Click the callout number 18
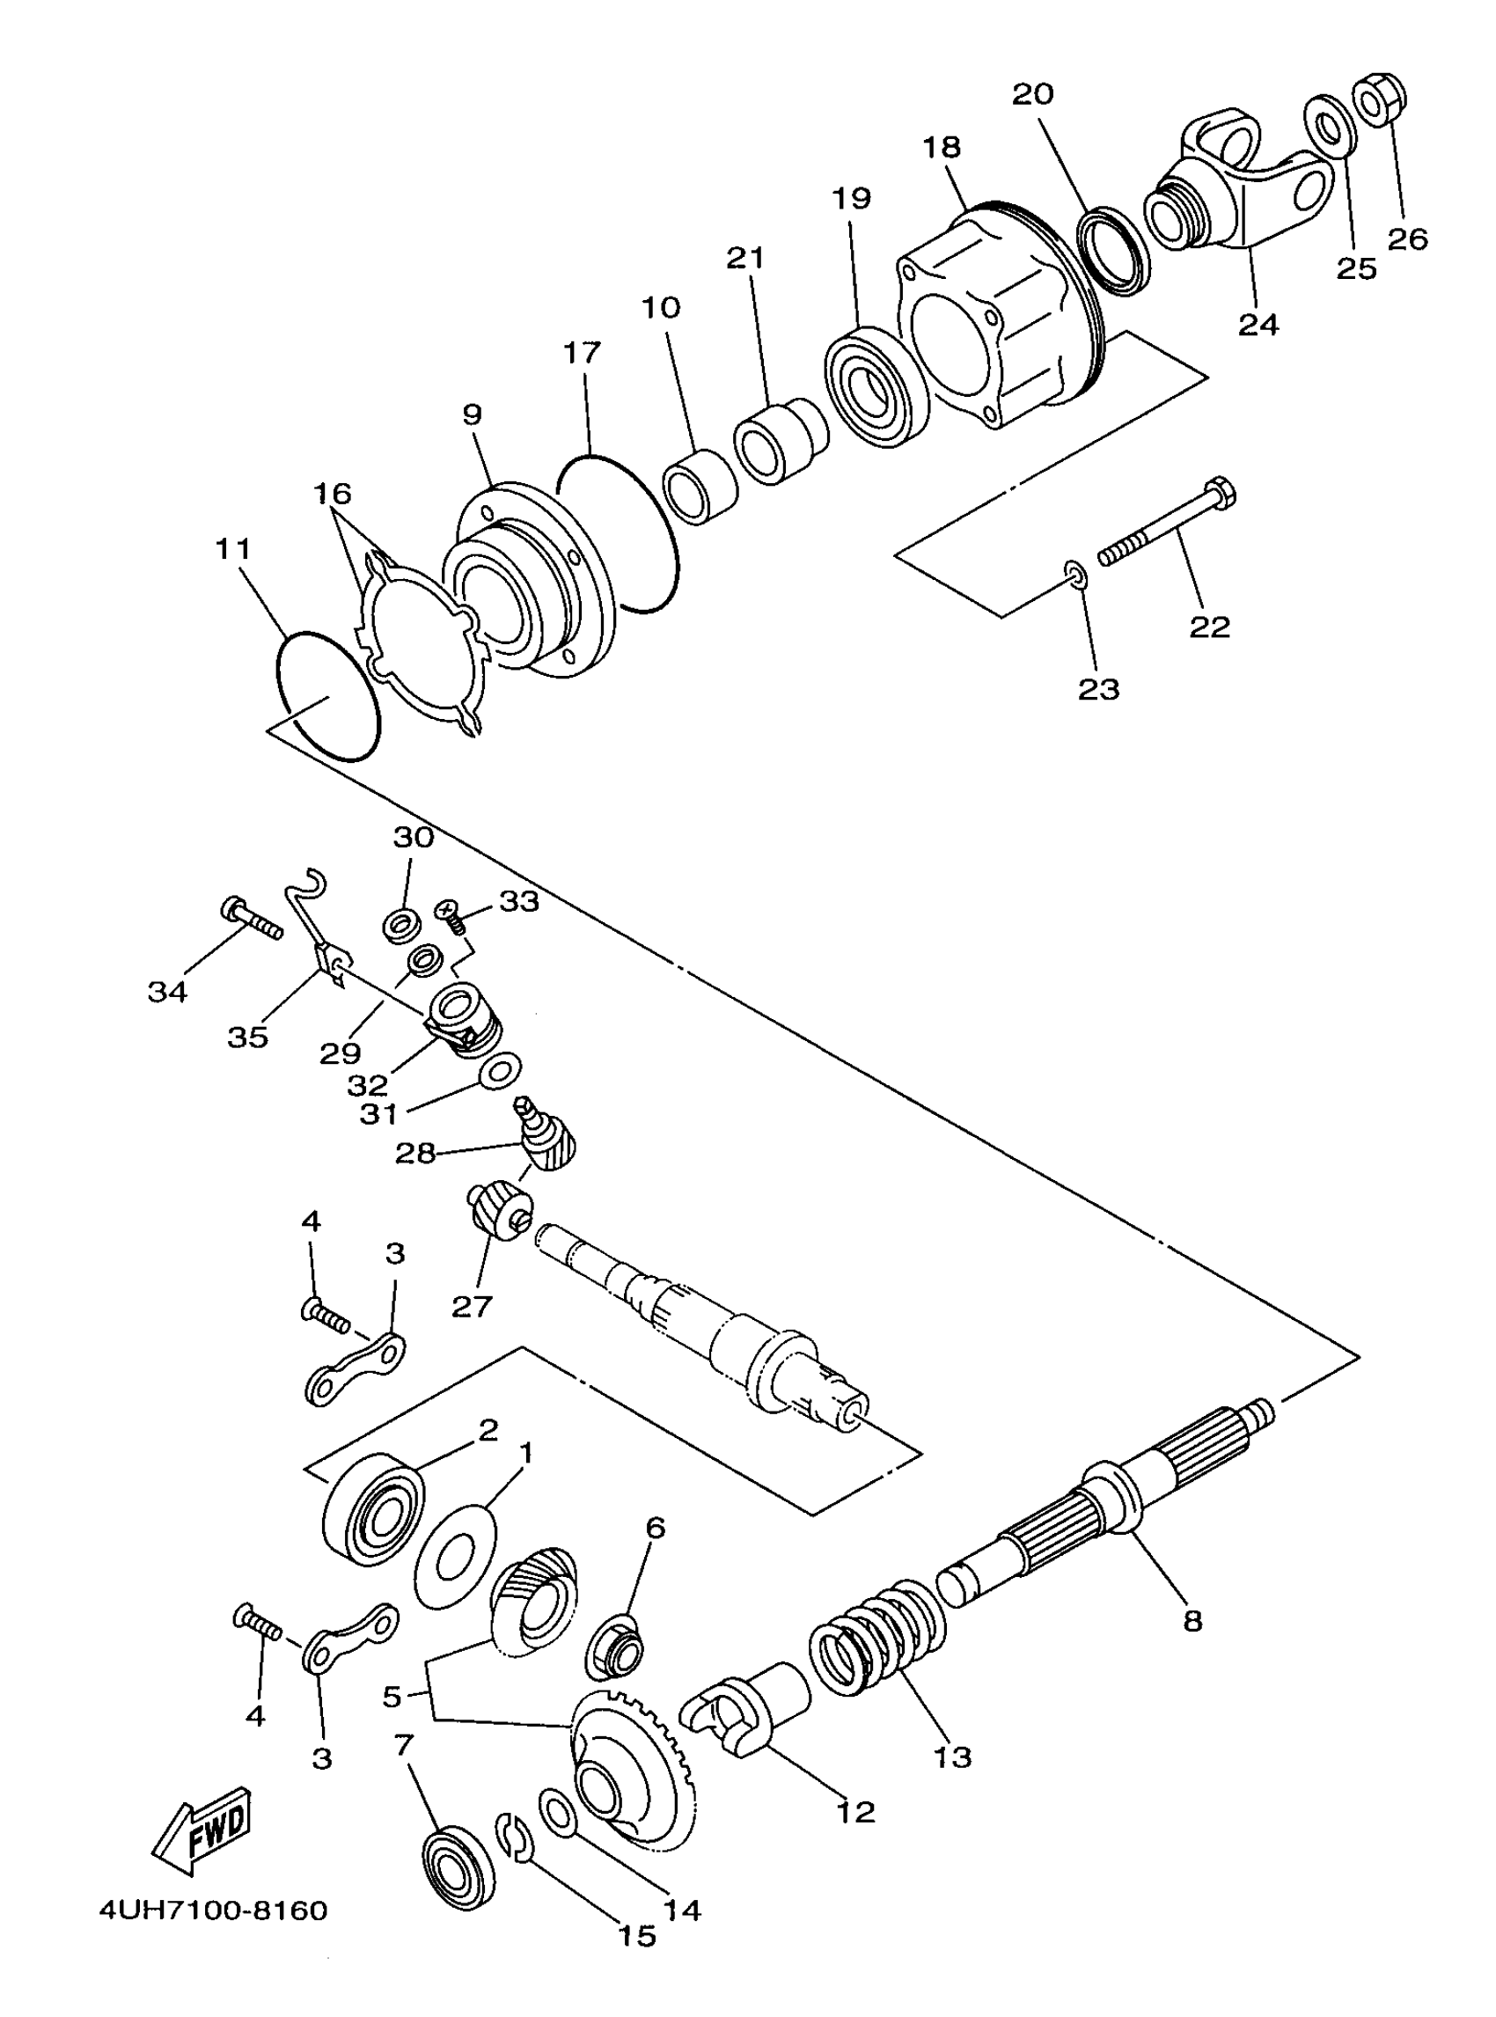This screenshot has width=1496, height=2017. pos(942,147)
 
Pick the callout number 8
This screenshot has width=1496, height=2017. pos(1192,1620)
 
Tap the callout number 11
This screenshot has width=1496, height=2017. pos(232,549)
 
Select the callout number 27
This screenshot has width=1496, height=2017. pos(471,1305)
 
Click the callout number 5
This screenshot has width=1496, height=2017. pos(392,1697)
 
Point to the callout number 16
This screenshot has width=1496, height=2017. pos(333,495)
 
